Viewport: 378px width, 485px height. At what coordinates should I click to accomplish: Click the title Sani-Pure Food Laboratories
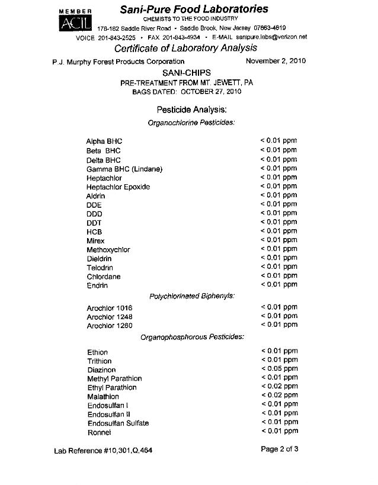194,9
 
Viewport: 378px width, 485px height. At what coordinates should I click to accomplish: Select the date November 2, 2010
276,61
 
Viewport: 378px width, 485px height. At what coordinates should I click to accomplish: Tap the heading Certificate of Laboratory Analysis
185,48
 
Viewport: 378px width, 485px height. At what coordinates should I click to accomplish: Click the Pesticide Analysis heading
191,110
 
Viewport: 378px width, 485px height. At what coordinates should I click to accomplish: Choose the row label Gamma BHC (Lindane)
124,169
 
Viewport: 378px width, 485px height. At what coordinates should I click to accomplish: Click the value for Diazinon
279,368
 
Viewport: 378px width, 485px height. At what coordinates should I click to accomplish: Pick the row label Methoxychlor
108,250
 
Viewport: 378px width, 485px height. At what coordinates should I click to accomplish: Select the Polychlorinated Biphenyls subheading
191,296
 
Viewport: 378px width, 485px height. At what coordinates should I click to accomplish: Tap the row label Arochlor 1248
110,317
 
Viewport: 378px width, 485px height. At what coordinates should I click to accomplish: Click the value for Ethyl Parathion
279,386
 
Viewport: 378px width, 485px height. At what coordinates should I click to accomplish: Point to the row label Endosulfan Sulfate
118,423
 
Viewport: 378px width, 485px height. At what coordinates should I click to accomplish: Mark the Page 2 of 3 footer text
279,449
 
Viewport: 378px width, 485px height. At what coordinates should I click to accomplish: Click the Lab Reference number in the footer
103,451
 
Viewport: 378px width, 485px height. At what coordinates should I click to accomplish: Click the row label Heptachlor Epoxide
118,187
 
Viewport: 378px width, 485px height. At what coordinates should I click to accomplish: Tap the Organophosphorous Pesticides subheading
192,338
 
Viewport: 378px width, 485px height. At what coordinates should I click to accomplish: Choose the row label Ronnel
100,432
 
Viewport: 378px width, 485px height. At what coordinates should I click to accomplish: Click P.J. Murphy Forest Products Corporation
118,62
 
